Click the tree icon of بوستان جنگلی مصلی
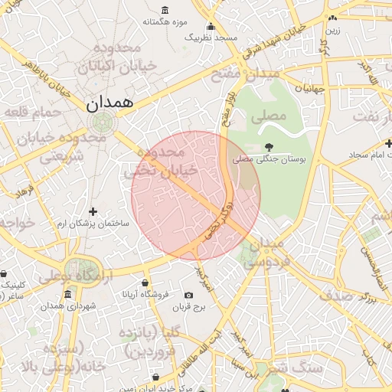tap(268, 146)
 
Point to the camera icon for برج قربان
tap(189, 296)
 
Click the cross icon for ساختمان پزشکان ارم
tap(93, 211)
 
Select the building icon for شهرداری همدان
tap(68, 295)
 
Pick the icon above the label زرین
tap(332, 18)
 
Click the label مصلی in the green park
tap(268, 116)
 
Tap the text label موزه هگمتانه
tap(169, 21)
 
